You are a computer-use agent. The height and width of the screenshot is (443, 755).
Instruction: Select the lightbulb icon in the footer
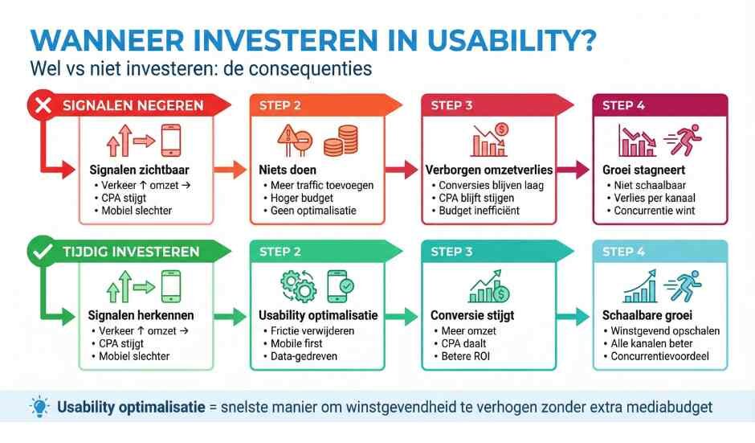click(x=39, y=407)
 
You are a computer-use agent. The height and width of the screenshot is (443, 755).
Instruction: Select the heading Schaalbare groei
click(x=647, y=316)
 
